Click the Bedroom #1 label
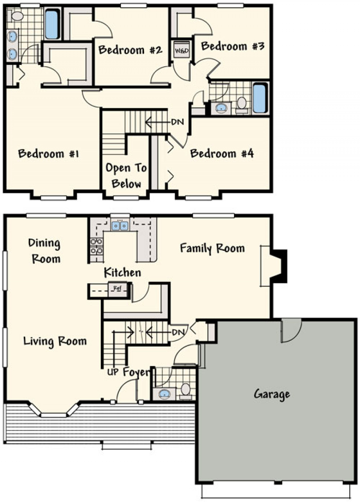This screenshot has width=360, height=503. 48,154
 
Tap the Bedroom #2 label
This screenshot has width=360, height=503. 130,50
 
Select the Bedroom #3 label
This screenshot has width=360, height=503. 233,46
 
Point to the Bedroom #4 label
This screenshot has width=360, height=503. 222,154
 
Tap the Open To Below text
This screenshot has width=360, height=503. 126,176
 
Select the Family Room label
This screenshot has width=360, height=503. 212,248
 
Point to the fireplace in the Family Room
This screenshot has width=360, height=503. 278,266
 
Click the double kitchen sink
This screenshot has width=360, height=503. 120,226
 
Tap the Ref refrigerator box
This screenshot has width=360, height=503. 117,289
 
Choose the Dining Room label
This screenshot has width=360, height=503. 45,251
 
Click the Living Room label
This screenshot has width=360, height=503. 55,341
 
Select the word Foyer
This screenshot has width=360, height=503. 136,372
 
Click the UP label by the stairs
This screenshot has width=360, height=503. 113,372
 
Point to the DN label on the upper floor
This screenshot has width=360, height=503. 178,122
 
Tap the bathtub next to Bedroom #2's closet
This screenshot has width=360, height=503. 52,24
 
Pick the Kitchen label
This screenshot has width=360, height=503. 122,272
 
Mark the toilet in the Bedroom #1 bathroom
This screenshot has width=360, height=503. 17,16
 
